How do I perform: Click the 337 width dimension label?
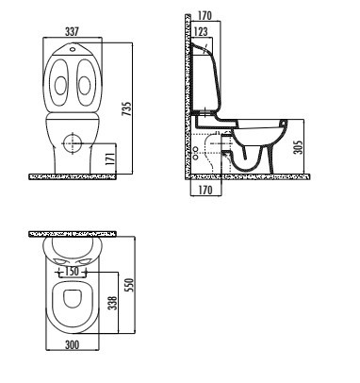point(71,32)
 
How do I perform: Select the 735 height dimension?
point(124,108)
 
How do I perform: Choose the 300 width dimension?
point(71,346)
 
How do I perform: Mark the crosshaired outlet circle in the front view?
point(72,143)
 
